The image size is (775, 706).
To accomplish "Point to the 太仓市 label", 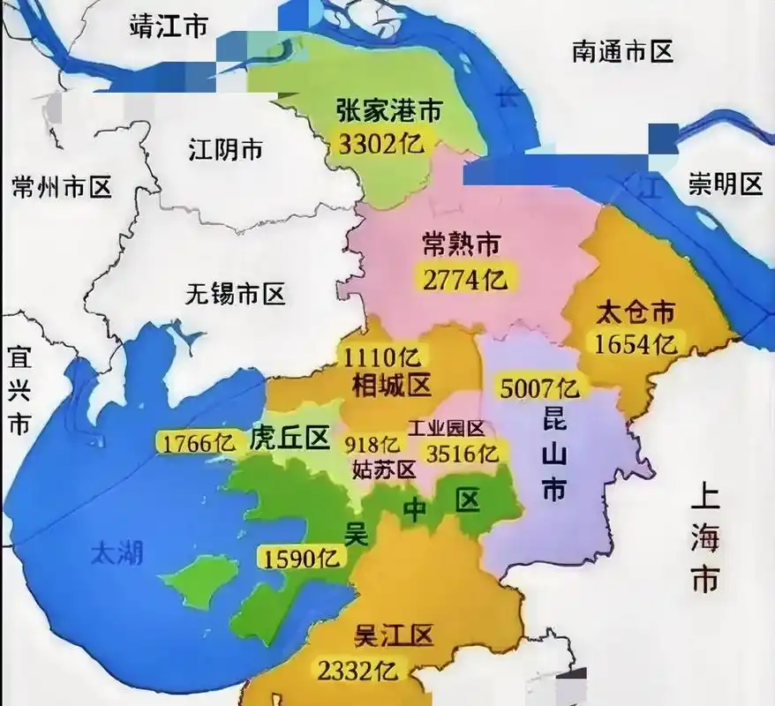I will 636,312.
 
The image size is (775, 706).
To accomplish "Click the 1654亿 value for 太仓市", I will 636,342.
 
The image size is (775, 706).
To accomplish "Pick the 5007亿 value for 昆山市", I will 539,387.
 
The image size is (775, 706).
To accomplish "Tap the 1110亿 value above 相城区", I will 383,357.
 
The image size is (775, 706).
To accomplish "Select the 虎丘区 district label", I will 290,438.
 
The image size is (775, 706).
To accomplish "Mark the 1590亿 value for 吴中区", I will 300,558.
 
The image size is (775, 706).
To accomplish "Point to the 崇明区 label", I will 726,184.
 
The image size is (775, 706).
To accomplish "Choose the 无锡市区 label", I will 236,295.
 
